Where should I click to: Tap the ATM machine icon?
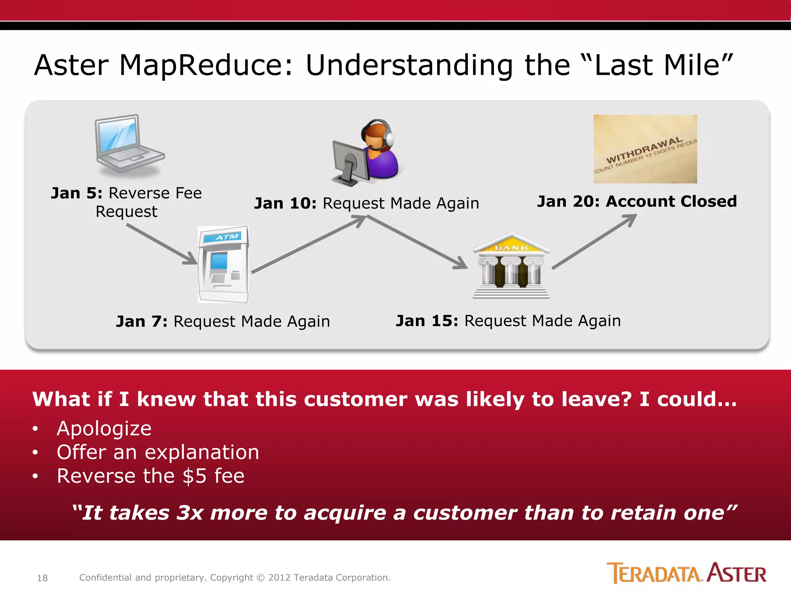223,264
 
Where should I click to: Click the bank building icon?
511,266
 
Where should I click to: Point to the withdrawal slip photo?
645,149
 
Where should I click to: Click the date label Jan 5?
76,193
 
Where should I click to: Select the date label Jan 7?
141,321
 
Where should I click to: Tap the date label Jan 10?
285,203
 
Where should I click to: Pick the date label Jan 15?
426,321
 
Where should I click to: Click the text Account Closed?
671,202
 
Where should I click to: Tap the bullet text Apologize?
104,429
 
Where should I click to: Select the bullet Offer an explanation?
158,452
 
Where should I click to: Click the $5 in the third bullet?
194,476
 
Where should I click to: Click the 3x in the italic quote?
189,513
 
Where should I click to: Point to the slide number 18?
42,578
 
